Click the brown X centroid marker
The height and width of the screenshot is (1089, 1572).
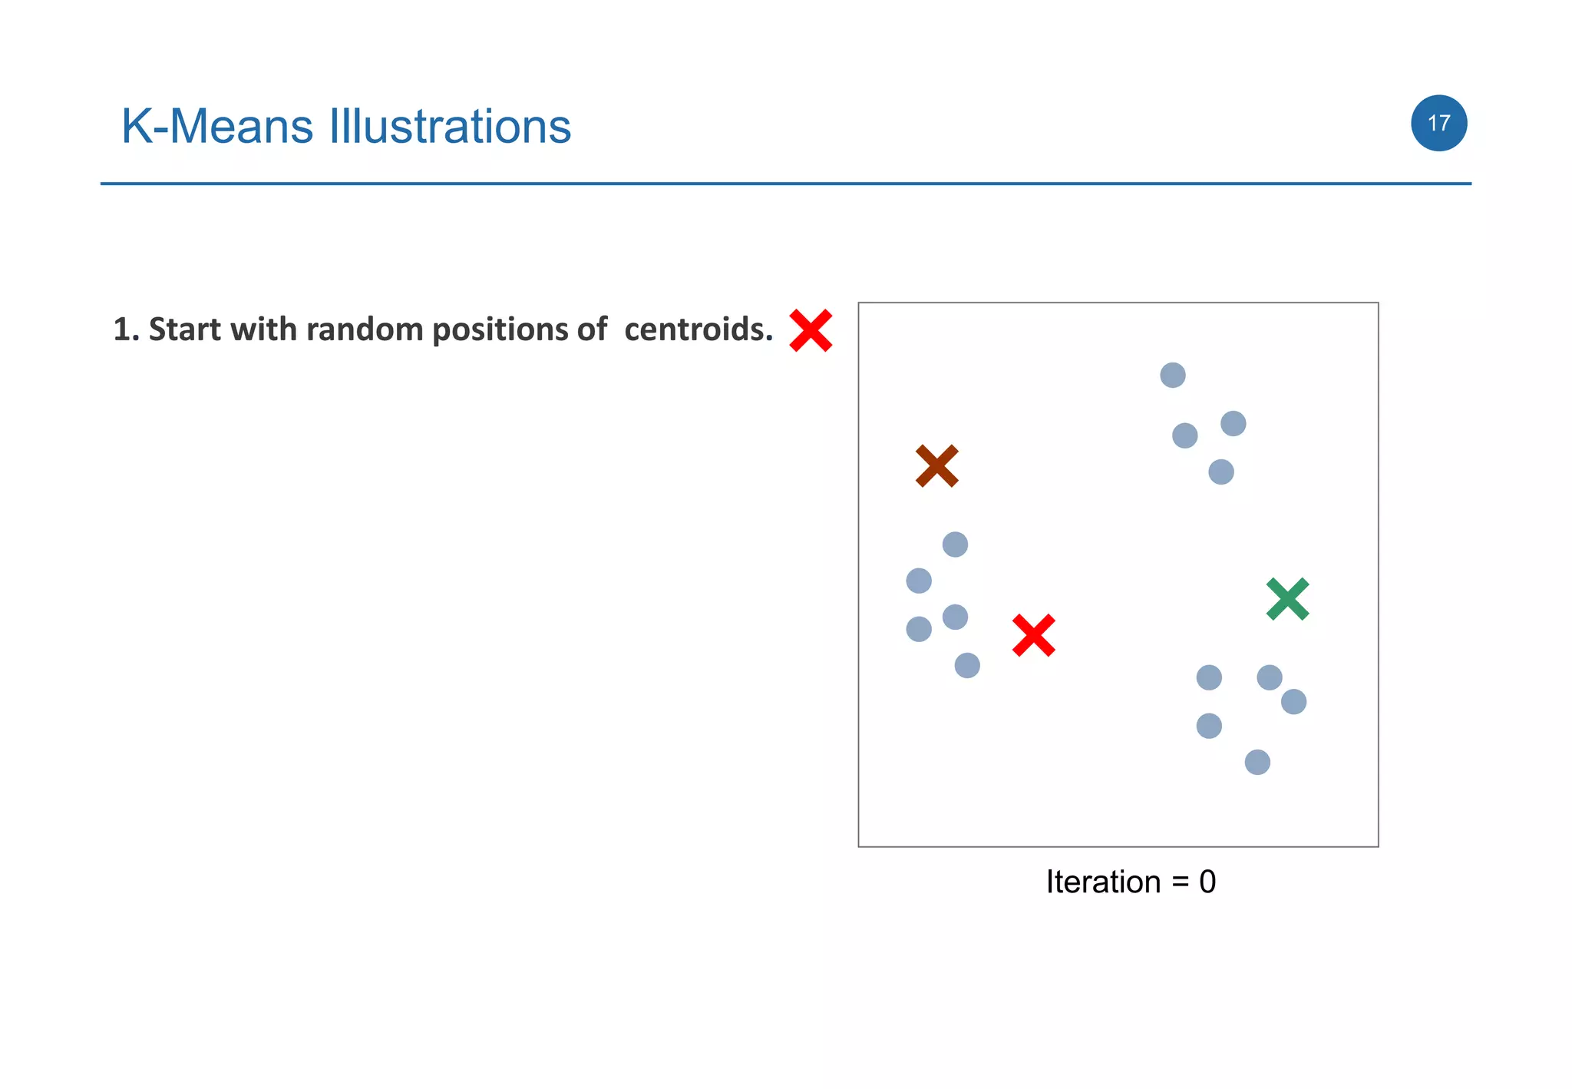click(936, 465)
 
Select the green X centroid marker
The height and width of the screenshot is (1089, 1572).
click(1287, 599)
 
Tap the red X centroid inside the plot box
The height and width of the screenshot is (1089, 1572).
click(1033, 635)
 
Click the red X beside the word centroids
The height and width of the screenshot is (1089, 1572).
click(811, 331)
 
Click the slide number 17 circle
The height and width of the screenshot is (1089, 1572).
click(1438, 123)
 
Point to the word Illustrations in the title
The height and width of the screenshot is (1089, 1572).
click(450, 126)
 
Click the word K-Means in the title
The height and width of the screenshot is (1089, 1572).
click(217, 126)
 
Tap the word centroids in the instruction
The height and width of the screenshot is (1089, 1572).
click(698, 329)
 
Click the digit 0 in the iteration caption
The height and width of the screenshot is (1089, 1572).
click(1207, 882)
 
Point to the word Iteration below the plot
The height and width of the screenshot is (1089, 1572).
click(1103, 882)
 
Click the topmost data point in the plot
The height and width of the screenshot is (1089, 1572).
click(1172, 375)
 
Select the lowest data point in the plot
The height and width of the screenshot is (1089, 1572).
click(1257, 762)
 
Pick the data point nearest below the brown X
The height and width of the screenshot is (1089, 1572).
click(955, 544)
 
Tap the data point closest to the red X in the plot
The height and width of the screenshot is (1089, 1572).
click(967, 665)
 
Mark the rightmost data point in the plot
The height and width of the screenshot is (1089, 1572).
click(1293, 701)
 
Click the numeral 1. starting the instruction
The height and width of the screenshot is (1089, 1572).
click(126, 329)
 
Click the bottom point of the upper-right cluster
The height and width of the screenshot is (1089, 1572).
click(1220, 472)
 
